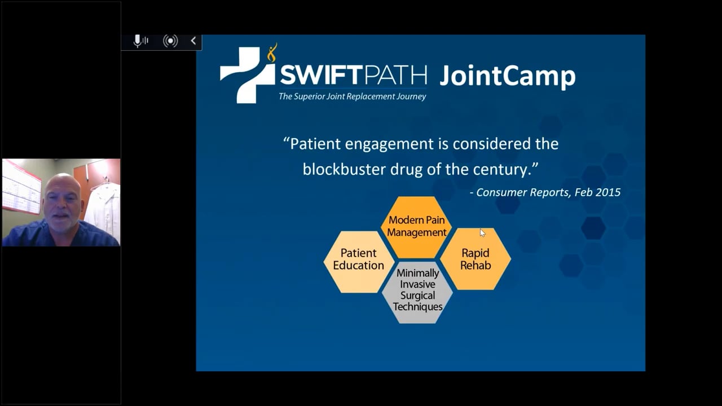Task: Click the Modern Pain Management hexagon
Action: (416, 226)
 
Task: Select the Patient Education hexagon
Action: (358, 259)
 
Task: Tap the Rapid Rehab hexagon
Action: (476, 259)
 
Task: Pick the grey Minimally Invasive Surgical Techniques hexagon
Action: (417, 290)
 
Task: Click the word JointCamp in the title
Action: (507, 76)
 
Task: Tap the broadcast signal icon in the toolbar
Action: (170, 41)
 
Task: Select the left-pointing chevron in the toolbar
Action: (193, 41)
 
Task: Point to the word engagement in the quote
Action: (397, 144)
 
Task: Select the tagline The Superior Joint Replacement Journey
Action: (352, 96)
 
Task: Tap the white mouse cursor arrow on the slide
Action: (482, 233)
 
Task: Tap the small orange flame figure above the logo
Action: (272, 52)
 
